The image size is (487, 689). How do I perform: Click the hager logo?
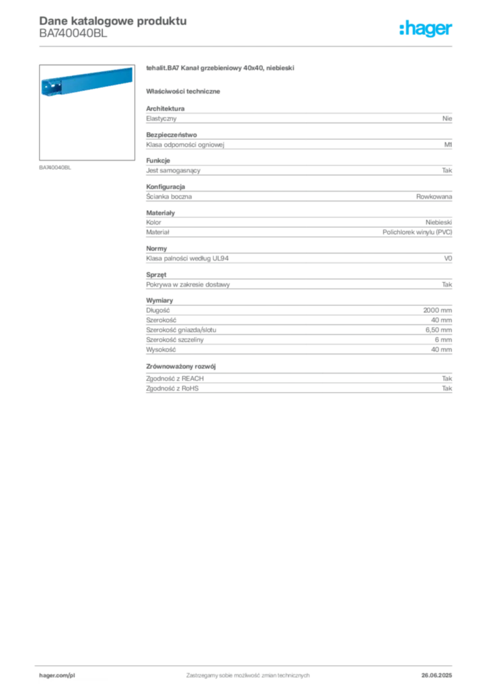point(426,28)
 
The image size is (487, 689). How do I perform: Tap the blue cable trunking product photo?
point(87,81)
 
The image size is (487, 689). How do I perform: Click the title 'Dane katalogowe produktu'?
point(113,21)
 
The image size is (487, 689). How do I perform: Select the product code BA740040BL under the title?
point(73,34)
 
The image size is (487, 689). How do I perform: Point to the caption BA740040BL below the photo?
point(55,168)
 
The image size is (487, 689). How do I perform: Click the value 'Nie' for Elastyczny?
point(447,118)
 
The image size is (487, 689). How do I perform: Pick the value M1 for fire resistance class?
point(448,145)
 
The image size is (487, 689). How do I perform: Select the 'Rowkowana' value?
point(434,196)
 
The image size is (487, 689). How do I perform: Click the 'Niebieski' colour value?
point(439,222)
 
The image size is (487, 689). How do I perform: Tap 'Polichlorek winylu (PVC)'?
point(417,232)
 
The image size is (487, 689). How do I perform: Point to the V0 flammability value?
point(448,258)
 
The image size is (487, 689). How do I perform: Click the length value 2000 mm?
point(437,310)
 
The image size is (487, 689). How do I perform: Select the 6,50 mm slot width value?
point(439,330)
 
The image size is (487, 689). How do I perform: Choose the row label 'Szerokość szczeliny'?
point(175,340)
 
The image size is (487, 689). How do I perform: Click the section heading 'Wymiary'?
point(159,301)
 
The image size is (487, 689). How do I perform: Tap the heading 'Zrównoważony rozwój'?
point(181,366)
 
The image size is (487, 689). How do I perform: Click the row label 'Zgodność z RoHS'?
point(172,388)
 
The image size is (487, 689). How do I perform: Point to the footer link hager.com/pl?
point(57,676)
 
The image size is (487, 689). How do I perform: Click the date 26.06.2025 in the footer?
point(437,676)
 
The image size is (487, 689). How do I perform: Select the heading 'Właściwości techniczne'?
point(183,92)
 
